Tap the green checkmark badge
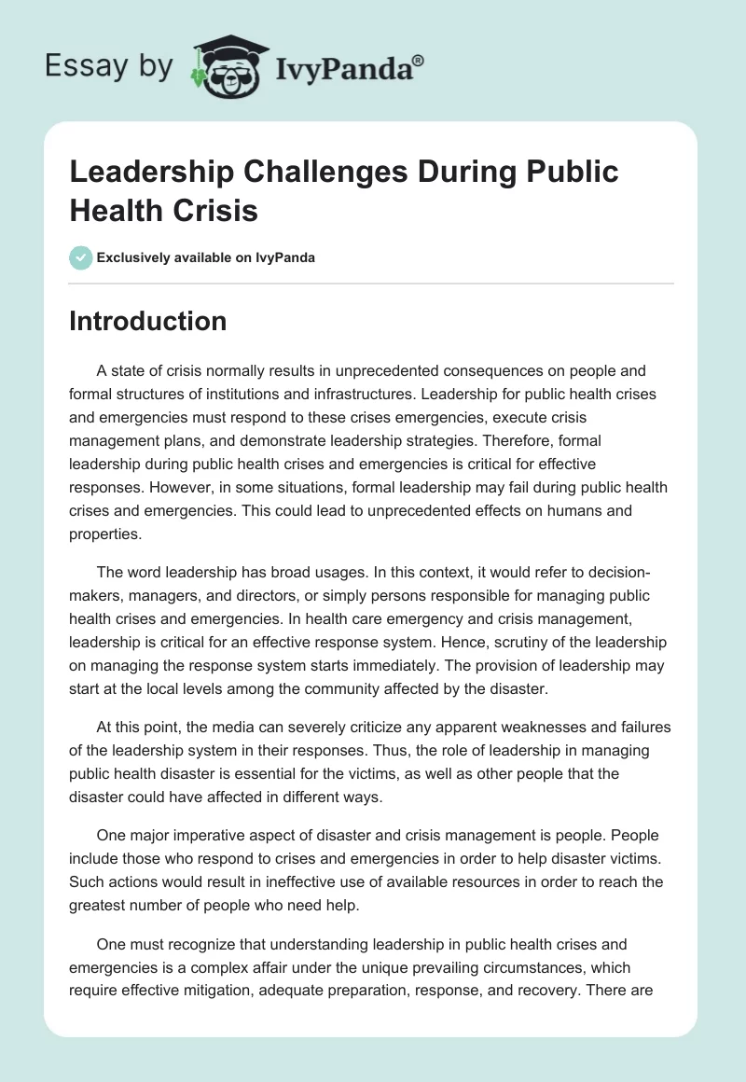(x=80, y=257)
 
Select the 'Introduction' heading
(x=148, y=321)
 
